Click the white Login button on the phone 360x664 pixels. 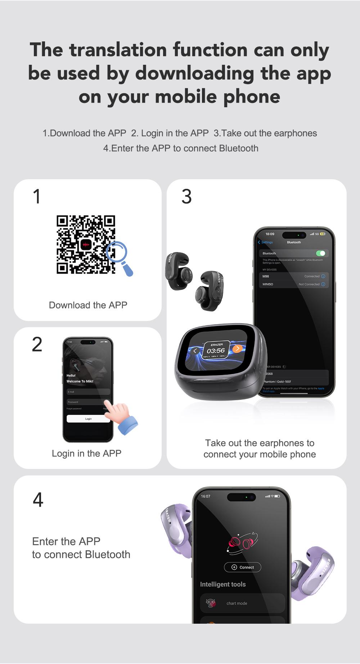[88, 419]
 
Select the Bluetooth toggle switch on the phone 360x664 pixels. [320, 253]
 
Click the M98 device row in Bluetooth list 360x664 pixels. [293, 276]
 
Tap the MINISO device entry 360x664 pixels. [293, 284]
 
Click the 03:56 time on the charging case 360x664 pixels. [216, 351]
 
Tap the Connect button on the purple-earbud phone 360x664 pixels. [243, 567]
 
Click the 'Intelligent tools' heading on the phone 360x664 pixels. [223, 584]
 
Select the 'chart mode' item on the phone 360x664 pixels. [242, 603]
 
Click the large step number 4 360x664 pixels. [38, 500]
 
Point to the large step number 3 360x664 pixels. [186, 197]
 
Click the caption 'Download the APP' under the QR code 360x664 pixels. [88, 305]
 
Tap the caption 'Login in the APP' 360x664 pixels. [86, 453]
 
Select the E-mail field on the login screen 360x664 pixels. [88, 392]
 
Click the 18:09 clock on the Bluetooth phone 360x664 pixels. [270, 234]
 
